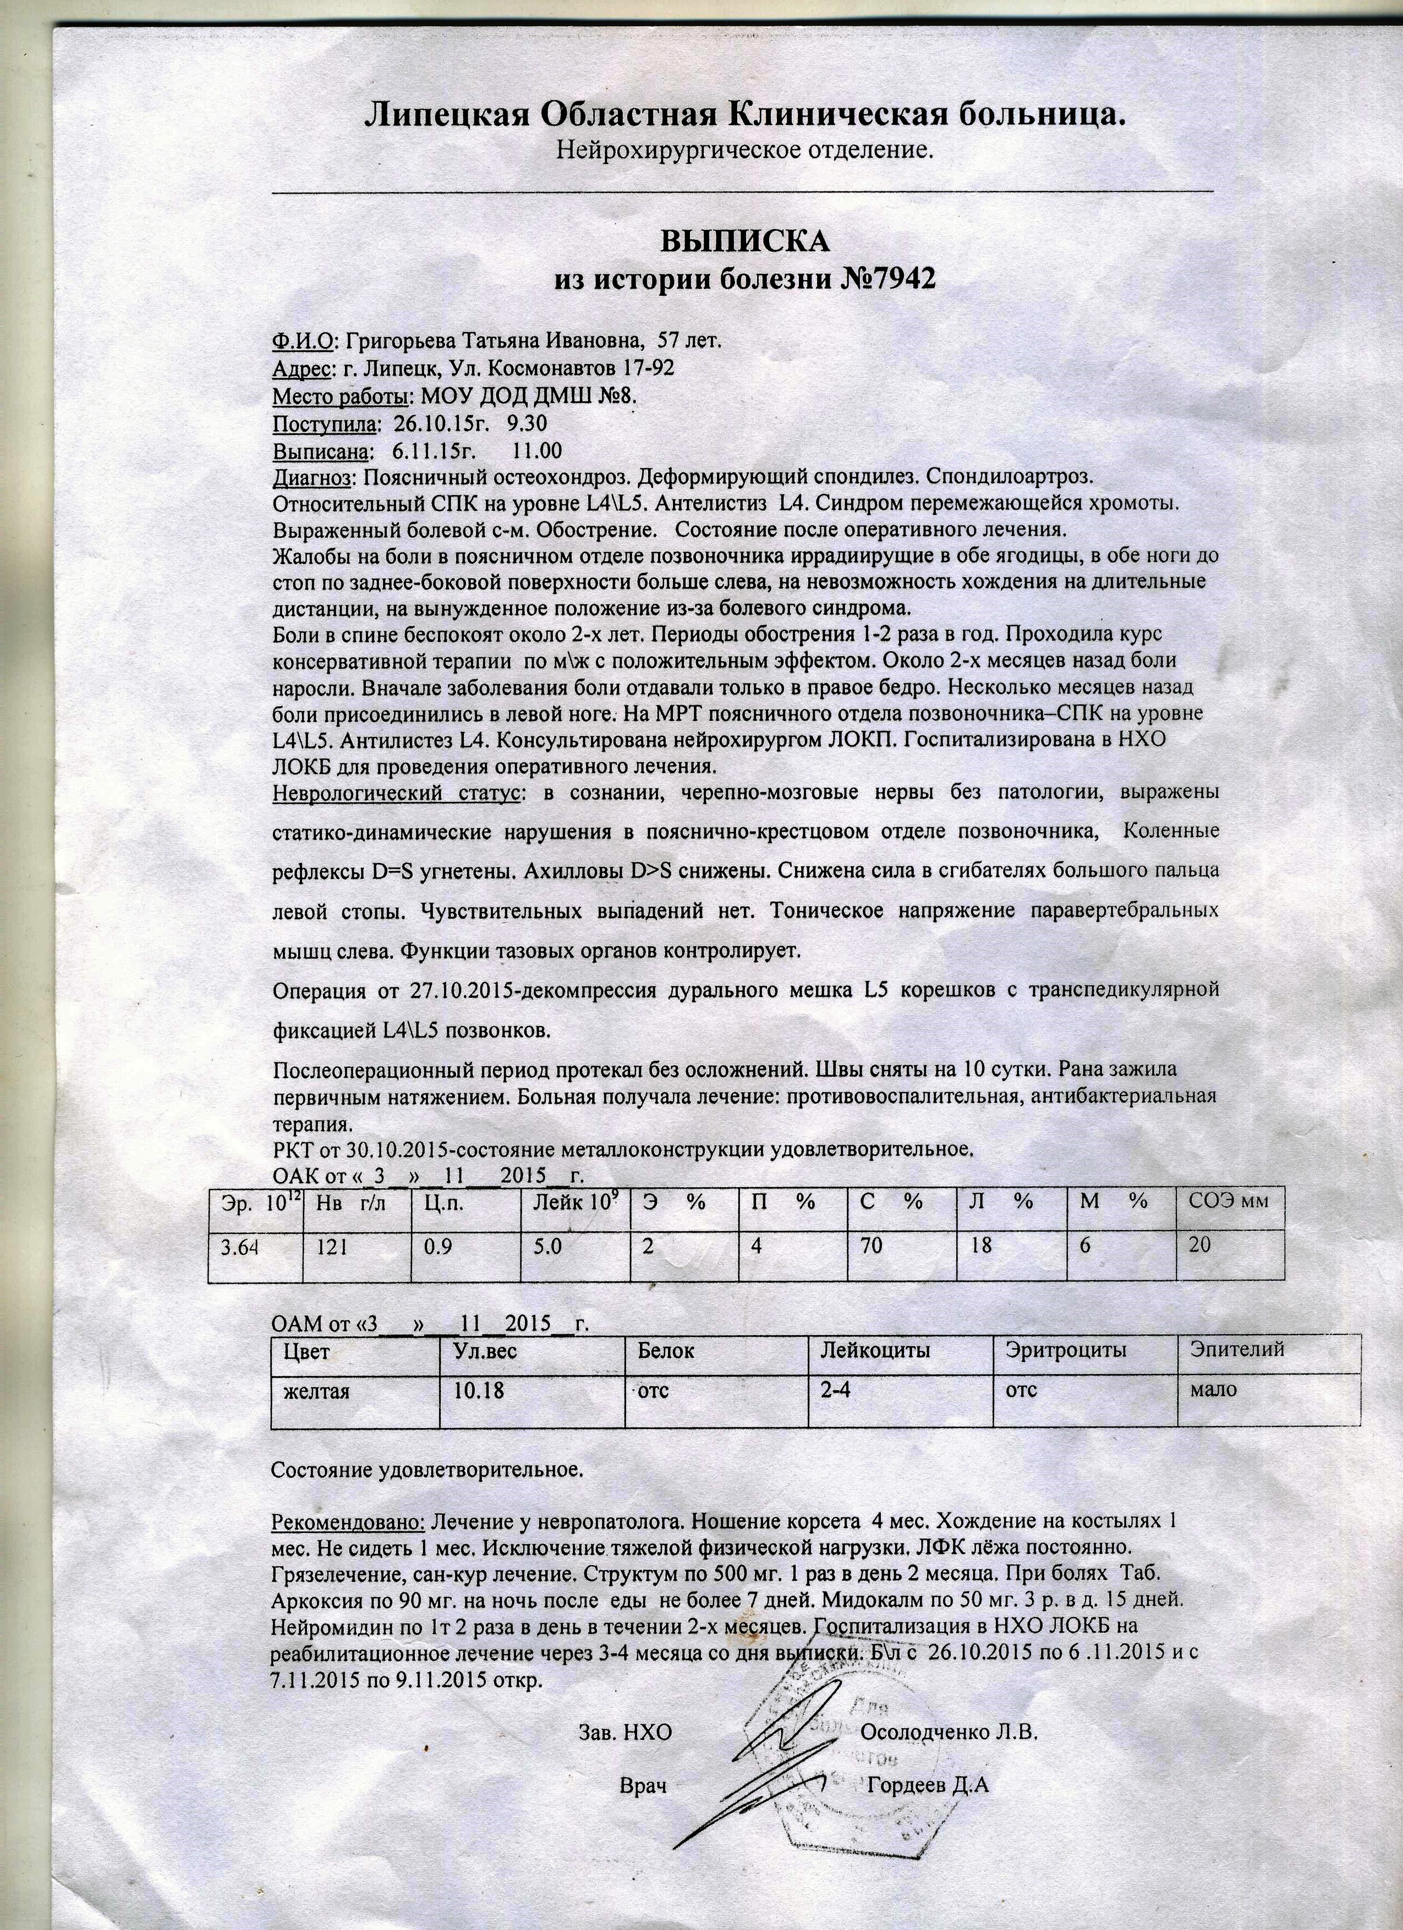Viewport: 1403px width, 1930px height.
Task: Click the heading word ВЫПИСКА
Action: click(x=745, y=242)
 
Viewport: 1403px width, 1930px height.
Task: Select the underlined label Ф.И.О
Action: click(x=302, y=341)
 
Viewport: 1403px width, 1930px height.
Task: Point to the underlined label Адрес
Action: click(x=300, y=368)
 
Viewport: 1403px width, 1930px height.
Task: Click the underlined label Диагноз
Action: click(x=311, y=476)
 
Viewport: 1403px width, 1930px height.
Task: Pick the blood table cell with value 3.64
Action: click(x=239, y=1248)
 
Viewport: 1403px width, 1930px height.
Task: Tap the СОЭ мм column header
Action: click(x=1229, y=1201)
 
